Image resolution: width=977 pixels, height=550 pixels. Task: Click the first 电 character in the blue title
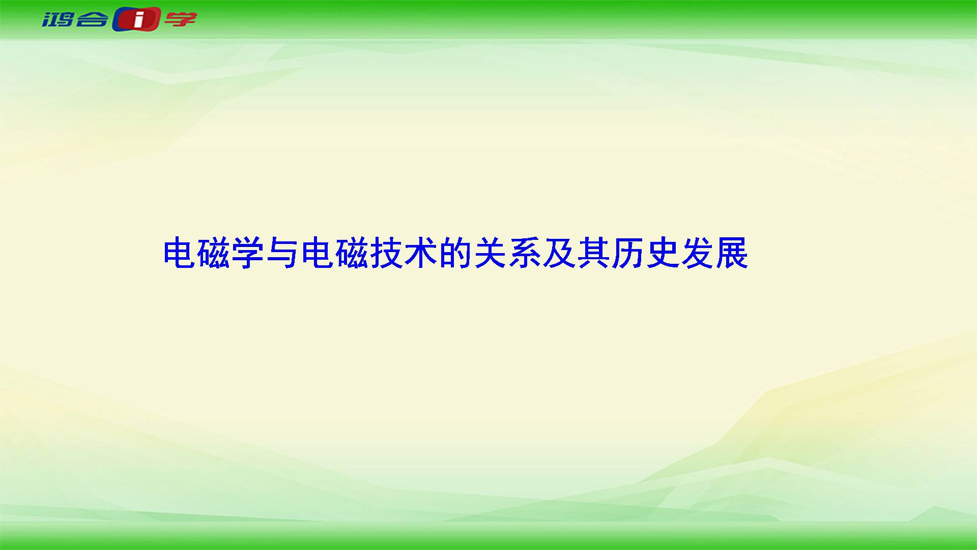click(180, 253)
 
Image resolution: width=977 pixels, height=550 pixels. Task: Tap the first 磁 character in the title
click(214, 253)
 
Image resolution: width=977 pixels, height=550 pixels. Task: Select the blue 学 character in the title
click(248, 253)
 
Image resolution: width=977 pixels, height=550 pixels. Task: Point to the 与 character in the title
click(283, 253)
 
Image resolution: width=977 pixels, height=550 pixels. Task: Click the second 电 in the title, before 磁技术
click(318, 253)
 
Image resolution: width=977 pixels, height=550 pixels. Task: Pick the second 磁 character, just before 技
click(352, 253)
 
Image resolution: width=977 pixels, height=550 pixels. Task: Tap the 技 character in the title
click(386, 253)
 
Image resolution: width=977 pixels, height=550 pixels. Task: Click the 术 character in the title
click(421, 253)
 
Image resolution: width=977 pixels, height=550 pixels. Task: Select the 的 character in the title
click(455, 253)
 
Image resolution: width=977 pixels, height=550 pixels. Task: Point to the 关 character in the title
click(490, 253)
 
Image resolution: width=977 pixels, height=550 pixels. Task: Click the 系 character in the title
click(524, 253)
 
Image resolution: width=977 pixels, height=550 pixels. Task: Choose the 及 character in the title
click(559, 253)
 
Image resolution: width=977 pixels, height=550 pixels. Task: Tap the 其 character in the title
click(593, 253)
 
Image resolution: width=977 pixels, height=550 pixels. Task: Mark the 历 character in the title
click(627, 253)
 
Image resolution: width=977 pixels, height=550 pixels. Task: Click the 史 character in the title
click(662, 253)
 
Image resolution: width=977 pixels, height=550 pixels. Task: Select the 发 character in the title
click(697, 253)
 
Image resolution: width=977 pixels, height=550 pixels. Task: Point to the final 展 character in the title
click(731, 253)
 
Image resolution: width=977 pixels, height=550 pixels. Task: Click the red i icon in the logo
click(137, 20)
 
